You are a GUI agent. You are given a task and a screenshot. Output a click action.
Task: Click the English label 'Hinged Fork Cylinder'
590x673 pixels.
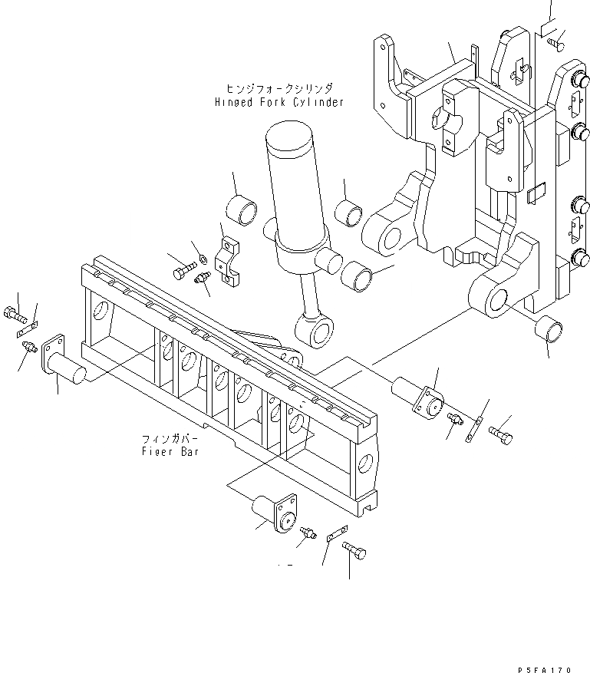[x=279, y=102]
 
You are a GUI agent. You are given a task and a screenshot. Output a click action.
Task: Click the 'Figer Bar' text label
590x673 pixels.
[x=170, y=452]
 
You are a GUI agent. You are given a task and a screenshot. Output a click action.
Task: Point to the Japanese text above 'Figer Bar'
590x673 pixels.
[x=170, y=439]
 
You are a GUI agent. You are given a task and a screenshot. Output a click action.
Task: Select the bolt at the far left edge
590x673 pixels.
[x=16, y=314]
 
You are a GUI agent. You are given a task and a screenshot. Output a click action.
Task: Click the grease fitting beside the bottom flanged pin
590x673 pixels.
[x=308, y=531]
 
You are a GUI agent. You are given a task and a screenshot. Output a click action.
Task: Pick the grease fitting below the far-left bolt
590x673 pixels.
[x=28, y=348]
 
